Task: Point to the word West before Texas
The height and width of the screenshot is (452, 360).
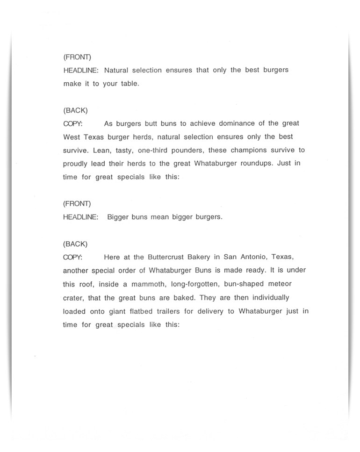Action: coord(72,137)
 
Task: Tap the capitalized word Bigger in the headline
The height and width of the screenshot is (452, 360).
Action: coord(120,217)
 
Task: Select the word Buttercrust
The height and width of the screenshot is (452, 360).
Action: coord(170,258)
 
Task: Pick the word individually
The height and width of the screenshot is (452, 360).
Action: coord(267,298)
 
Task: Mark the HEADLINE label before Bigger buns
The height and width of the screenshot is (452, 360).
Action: coord(80,217)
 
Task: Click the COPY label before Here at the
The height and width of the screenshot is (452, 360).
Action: coord(72,258)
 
